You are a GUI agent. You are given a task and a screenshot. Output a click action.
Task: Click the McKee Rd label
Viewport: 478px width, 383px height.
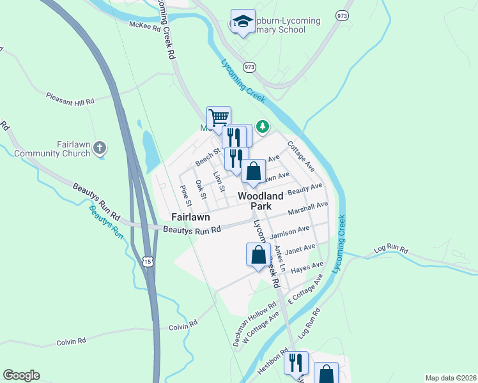click(x=144, y=26)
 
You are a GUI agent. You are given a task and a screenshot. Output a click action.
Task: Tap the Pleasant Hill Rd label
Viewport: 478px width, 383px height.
click(x=70, y=97)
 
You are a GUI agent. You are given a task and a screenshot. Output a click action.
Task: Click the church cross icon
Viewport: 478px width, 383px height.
click(x=99, y=149)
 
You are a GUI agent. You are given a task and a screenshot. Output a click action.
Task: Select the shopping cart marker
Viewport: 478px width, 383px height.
click(x=219, y=117)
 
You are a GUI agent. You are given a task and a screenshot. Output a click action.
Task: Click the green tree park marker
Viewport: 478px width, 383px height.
click(x=262, y=126)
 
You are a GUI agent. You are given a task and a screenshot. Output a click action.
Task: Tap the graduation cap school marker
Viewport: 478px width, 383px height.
click(x=242, y=22)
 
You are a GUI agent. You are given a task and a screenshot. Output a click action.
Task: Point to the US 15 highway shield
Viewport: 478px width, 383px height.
click(x=148, y=262)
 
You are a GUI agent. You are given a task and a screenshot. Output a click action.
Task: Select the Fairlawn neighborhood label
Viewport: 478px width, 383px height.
click(x=191, y=217)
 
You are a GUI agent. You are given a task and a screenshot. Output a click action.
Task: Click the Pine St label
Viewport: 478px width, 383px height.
click(x=186, y=194)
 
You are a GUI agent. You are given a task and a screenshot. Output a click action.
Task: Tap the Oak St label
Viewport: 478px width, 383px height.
click(x=201, y=189)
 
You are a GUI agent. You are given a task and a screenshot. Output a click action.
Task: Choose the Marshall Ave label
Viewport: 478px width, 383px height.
click(x=307, y=208)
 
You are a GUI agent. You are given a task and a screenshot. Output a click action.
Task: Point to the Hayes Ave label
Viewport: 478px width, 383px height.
click(x=307, y=267)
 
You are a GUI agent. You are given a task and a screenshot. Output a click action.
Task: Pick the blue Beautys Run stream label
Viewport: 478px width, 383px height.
click(x=105, y=221)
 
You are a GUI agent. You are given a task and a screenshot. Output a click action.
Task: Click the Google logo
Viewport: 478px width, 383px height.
click(x=21, y=375)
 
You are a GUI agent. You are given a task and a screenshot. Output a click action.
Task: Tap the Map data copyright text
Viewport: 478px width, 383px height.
click(x=451, y=377)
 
